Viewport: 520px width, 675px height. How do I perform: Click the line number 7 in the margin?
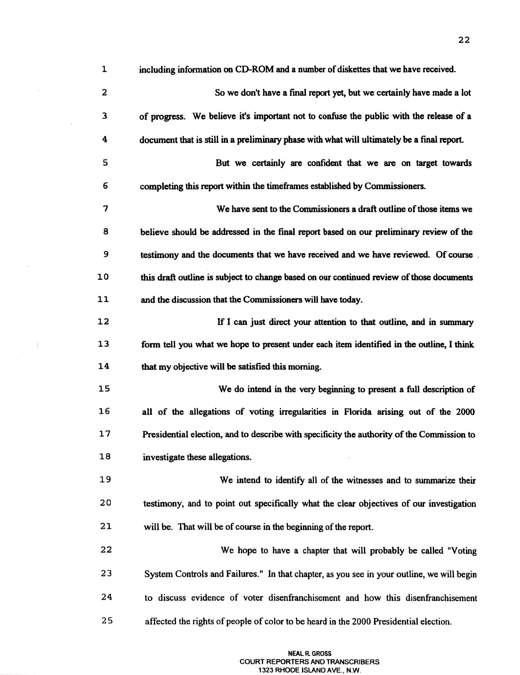click(x=105, y=209)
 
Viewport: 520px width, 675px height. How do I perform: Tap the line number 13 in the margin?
click(x=104, y=344)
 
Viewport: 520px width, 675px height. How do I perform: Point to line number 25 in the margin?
click(x=106, y=621)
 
